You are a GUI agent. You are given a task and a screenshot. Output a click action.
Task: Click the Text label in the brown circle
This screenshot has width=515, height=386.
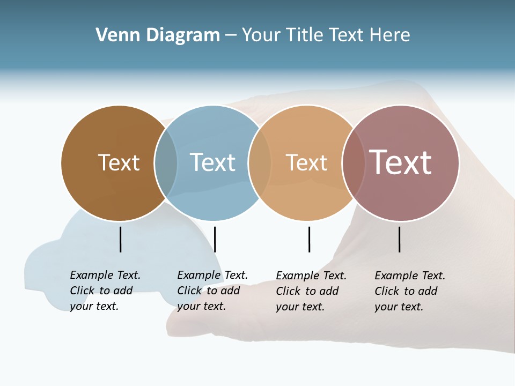pos(119,162)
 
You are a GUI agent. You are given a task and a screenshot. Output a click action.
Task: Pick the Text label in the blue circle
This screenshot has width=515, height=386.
pos(212,162)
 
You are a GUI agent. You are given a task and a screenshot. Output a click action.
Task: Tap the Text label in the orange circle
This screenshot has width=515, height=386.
pos(306,162)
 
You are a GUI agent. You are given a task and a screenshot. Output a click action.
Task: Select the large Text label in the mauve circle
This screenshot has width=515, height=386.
pos(401,162)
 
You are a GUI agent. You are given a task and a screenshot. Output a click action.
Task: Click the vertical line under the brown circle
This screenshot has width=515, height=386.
pos(120,239)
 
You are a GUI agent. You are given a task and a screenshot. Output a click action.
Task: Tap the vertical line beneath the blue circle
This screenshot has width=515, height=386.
pos(215,239)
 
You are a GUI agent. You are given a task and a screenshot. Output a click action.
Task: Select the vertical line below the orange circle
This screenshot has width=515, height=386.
pos(309,239)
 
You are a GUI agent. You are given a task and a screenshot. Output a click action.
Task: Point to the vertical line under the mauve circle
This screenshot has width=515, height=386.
pos(399,239)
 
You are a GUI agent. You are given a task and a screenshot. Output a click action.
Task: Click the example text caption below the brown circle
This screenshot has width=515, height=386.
pos(105,291)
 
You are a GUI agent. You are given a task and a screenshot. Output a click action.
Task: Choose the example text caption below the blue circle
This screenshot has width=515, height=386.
pos(212,291)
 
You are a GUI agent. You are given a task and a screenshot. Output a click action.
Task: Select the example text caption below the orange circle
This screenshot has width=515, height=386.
pos(311,291)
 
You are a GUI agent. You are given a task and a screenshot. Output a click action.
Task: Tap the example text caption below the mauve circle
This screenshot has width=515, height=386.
pos(410,291)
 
